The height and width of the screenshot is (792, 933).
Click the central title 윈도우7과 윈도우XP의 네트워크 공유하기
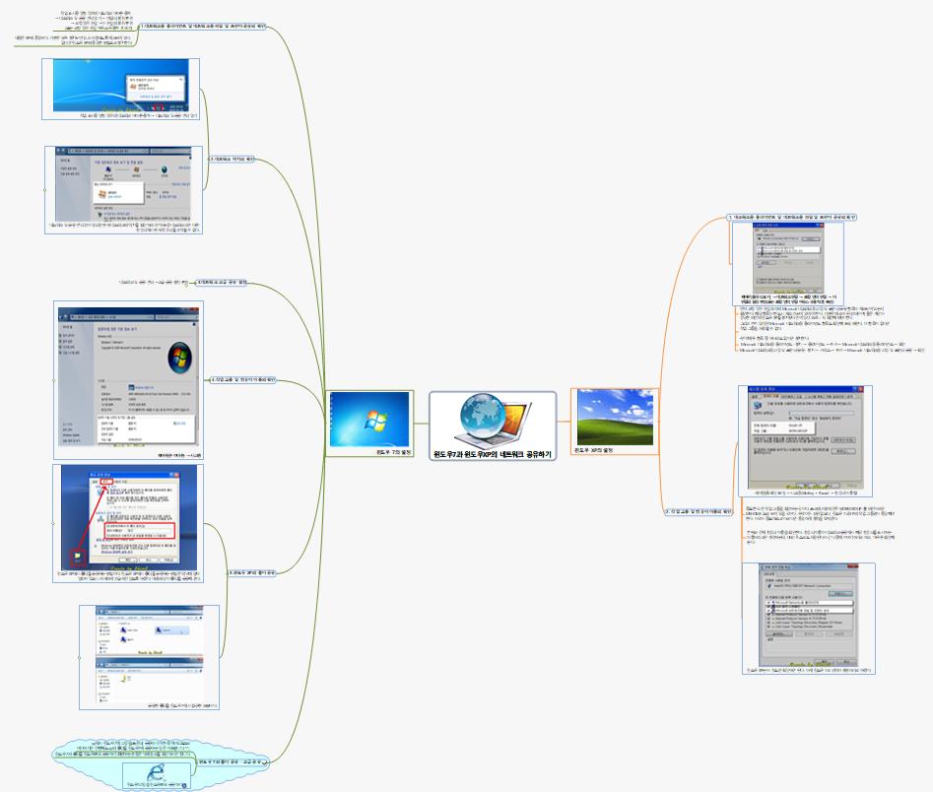[x=493, y=454]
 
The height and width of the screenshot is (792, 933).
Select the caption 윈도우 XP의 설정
[x=594, y=450]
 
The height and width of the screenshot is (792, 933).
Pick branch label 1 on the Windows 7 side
[x=202, y=27]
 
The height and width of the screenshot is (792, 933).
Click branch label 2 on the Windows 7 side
[x=233, y=159]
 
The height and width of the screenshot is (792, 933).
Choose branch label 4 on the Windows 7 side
[x=242, y=379]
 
